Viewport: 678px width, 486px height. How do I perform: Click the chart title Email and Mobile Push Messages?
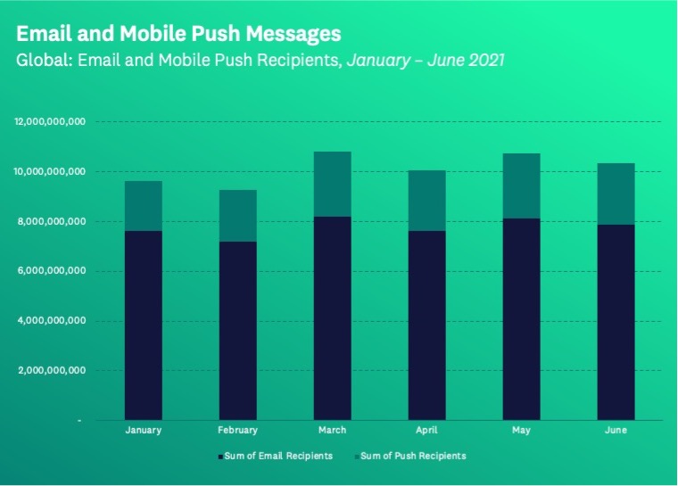click(178, 35)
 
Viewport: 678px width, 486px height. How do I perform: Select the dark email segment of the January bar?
click(144, 325)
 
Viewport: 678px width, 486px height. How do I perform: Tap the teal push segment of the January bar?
click(144, 206)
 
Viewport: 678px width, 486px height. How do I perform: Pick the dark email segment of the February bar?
click(237, 330)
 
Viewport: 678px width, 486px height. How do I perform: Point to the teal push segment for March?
click(332, 184)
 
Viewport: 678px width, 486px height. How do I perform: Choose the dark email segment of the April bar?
click(426, 325)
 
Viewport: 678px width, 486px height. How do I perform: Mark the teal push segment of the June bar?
click(615, 194)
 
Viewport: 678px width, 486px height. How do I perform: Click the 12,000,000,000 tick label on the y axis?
click(50, 121)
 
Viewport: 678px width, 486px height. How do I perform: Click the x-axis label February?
click(237, 431)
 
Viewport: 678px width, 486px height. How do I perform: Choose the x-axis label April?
click(426, 431)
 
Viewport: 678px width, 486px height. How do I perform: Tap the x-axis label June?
click(615, 431)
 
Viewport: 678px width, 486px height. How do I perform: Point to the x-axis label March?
click(332, 431)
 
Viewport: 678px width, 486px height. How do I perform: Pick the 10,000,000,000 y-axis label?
click(50, 171)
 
